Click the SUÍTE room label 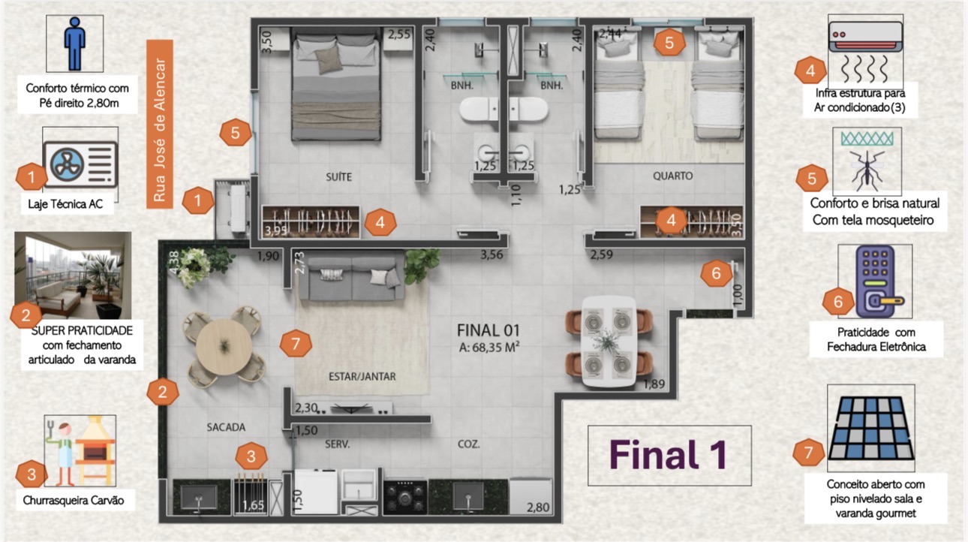(339, 176)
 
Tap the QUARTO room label (672, 176)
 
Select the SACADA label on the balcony (226, 427)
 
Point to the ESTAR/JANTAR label (362, 376)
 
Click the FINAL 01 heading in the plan (489, 330)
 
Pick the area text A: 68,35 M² (489, 347)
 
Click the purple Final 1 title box (669, 456)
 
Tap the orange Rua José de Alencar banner (160, 125)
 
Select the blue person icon (75, 44)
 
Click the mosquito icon (867, 170)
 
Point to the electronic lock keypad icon (876, 282)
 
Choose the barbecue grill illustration (95, 450)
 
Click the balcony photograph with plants (73, 276)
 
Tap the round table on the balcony (224, 347)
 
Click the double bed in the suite (336, 83)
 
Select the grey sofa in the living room (352, 278)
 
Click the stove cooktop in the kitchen (405, 498)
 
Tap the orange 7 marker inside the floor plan (296, 344)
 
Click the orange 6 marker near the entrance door (716, 273)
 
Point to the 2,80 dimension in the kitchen (538, 507)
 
